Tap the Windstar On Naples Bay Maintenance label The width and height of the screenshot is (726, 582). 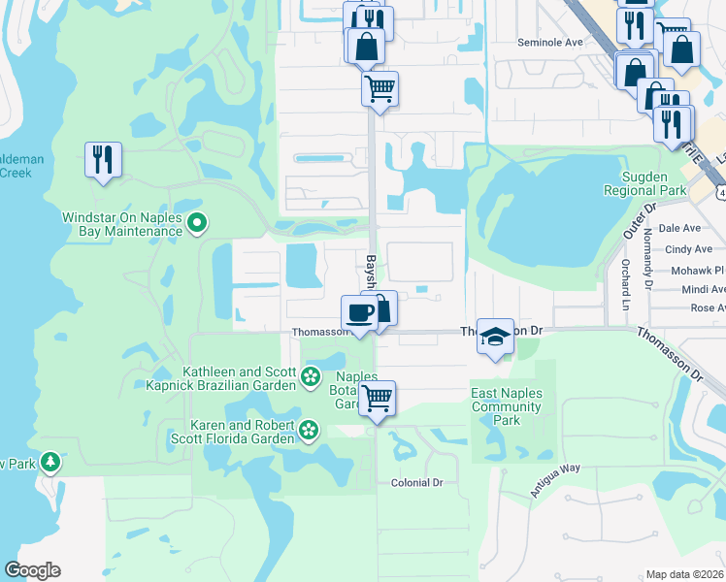[122, 224]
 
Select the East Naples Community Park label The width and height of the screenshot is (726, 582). [507, 406]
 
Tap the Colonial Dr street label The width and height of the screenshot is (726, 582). [416, 482]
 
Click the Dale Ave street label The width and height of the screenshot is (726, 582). [678, 228]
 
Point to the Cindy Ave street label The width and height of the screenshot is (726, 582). [688, 249]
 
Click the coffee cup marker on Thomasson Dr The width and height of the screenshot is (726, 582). [359, 312]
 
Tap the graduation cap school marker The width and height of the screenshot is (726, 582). [495, 336]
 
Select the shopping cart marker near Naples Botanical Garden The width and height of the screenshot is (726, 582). [377, 397]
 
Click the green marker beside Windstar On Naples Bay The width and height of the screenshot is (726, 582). [197, 224]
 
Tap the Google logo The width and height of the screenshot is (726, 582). [32, 570]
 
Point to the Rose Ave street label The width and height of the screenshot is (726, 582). [707, 307]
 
